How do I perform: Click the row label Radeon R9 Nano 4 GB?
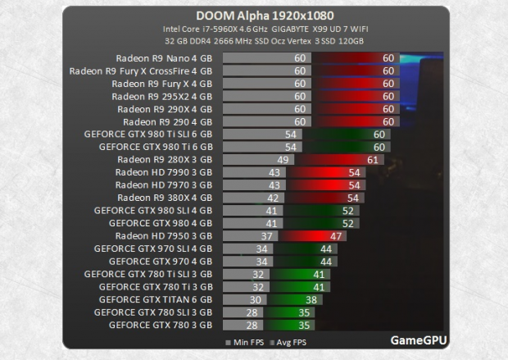[x=164, y=58]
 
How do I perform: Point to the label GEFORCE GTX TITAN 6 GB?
[x=155, y=299]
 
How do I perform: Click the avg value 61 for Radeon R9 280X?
[x=374, y=159]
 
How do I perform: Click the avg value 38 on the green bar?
[x=311, y=299]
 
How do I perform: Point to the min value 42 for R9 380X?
[x=273, y=198]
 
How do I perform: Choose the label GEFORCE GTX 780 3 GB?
[x=160, y=325]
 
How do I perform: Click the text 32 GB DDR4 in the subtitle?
[x=188, y=41]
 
